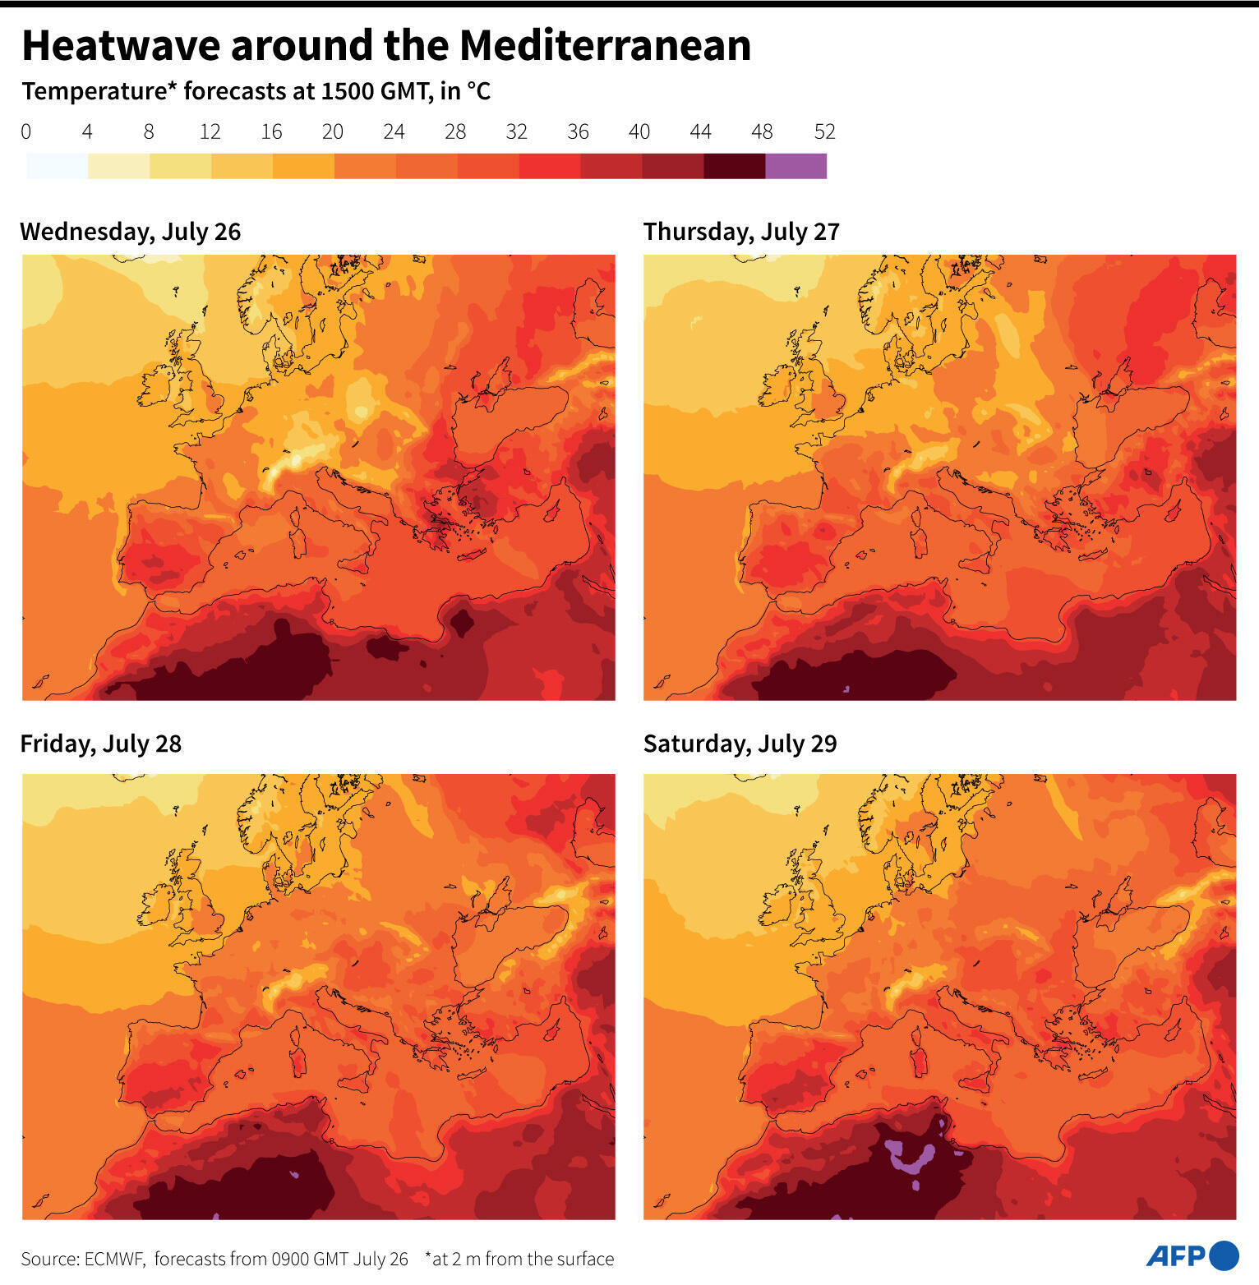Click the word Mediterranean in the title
[x=605, y=45]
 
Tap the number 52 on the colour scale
[x=824, y=131]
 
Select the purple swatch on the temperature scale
[x=796, y=166]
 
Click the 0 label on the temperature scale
[x=26, y=131]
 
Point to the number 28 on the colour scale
[x=455, y=131]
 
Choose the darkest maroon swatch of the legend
[x=734, y=166]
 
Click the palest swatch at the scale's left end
[x=57, y=166]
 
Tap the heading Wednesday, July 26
[x=130, y=232]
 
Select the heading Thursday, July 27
[x=741, y=232]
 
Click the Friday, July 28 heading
[x=100, y=744]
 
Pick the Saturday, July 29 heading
[x=740, y=744]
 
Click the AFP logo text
[x=1175, y=1256]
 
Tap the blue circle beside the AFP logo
[x=1224, y=1255]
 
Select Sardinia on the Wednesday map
[x=298, y=540]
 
